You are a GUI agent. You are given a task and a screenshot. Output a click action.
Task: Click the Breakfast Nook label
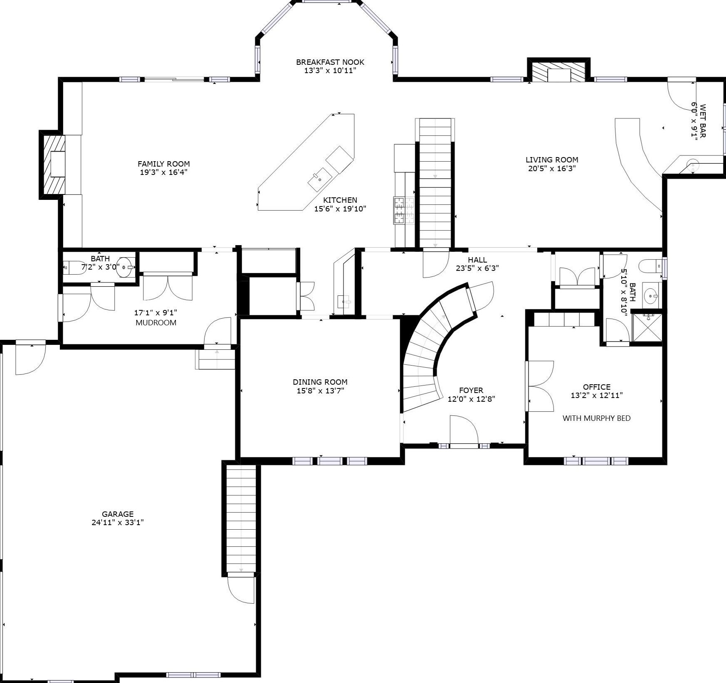tap(330, 62)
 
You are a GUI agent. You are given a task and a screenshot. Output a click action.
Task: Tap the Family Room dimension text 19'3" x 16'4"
tap(164, 172)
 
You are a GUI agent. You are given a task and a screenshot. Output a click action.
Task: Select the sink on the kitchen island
tap(320, 179)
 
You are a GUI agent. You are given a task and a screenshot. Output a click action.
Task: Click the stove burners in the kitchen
tap(404, 211)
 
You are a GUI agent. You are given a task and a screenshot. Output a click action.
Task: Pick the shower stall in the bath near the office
tap(647, 327)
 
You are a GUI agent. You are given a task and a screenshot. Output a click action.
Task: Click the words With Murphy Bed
tap(596, 418)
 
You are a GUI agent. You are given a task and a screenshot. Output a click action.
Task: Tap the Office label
tap(597, 387)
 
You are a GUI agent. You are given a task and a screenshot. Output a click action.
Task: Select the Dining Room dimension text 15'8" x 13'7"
tap(320, 391)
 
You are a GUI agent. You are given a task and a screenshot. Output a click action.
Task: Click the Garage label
tap(118, 514)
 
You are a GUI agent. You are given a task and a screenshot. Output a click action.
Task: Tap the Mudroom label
tap(156, 323)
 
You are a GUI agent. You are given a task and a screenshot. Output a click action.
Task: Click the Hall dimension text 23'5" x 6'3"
tap(477, 268)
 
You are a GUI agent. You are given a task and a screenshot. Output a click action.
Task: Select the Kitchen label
tap(340, 200)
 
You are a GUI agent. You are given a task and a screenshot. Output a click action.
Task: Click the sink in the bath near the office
tap(651, 296)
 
